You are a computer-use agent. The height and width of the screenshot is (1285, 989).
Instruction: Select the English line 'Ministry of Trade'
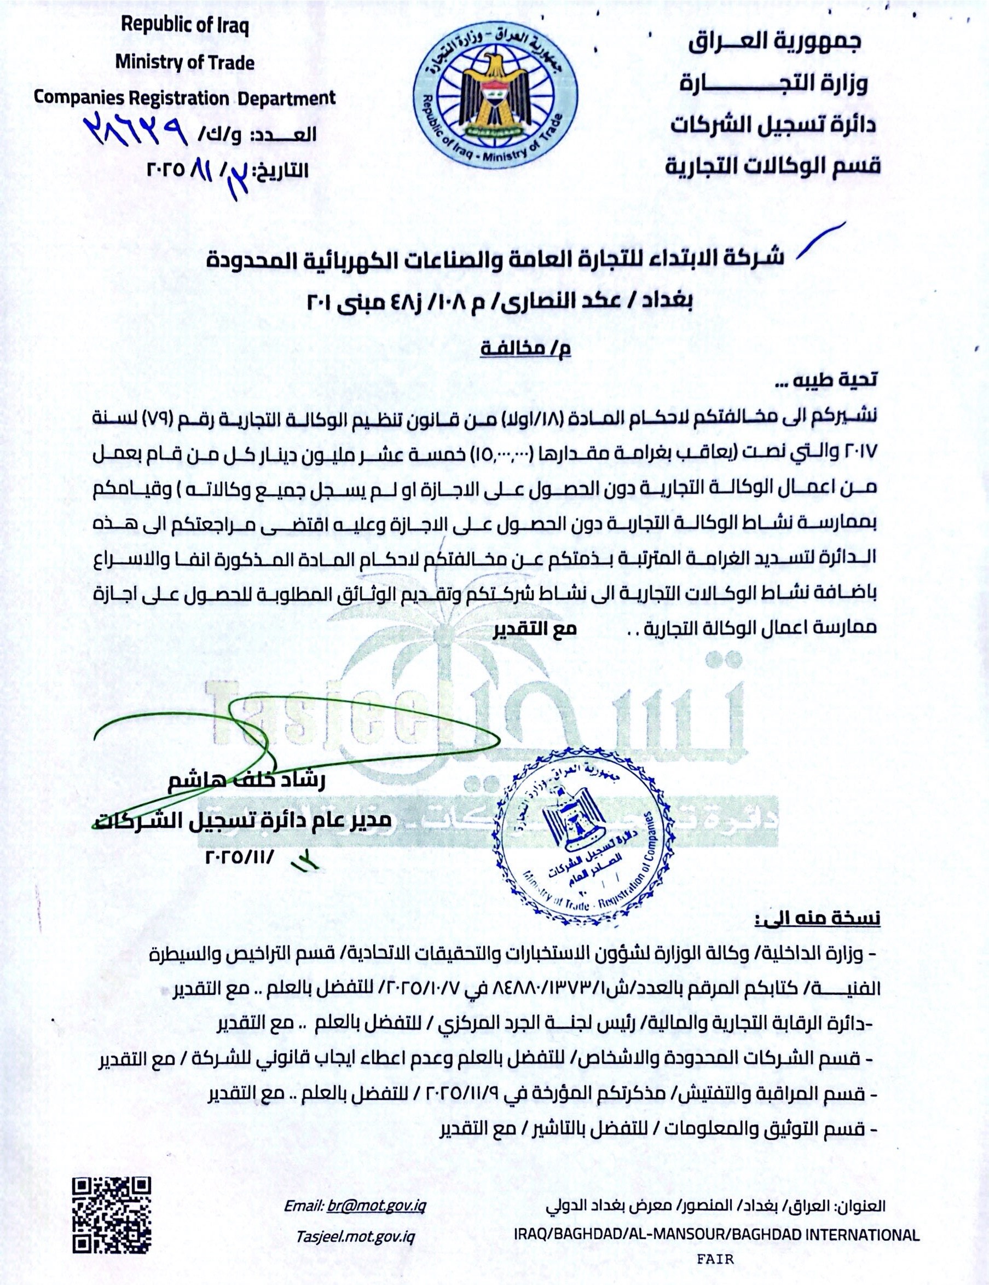tap(184, 62)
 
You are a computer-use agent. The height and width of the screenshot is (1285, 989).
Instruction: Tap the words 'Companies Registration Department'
tap(184, 97)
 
